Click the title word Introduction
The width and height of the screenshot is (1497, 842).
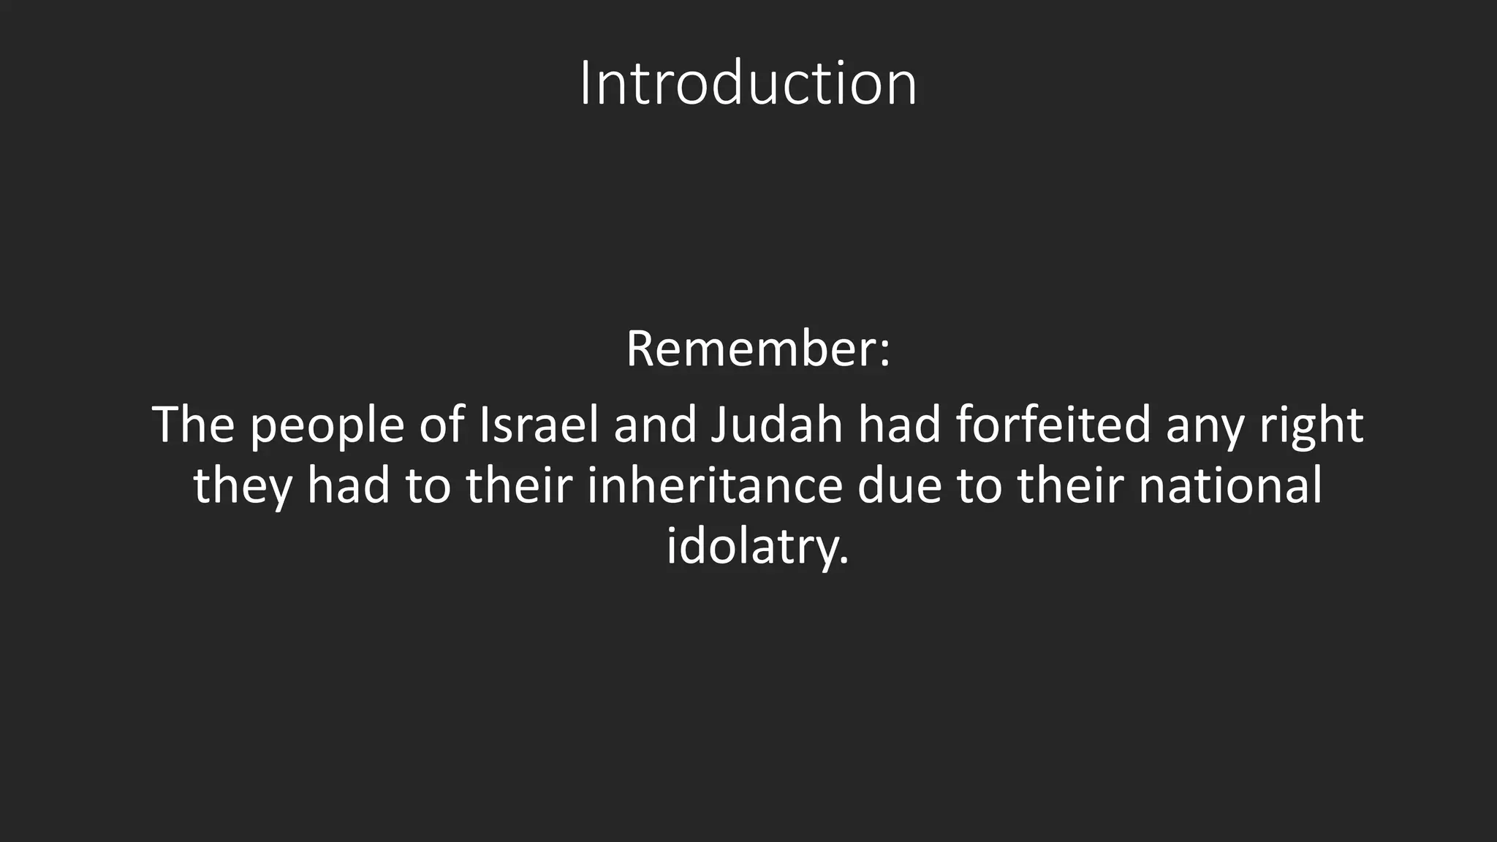[748, 84]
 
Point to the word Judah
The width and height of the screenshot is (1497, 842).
[776, 425]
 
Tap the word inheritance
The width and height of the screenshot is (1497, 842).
[715, 486]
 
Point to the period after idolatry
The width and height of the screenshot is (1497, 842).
[845, 563]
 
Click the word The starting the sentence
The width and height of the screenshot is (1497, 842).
[193, 425]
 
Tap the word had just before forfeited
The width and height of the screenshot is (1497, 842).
[899, 425]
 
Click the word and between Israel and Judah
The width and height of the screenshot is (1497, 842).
[655, 425]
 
